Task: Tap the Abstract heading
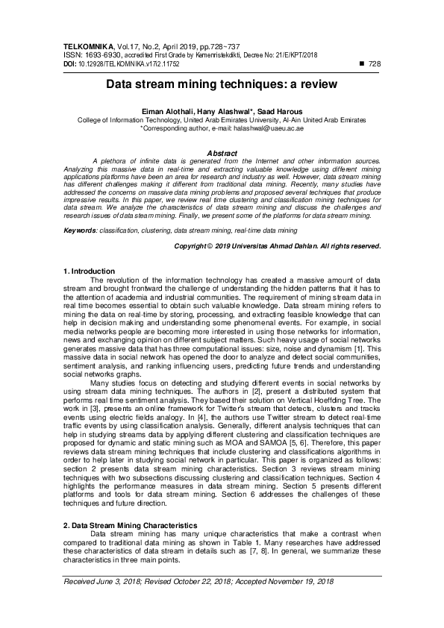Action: coord(222,153)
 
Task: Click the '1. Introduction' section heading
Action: coord(89,271)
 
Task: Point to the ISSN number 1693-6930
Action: coord(100,55)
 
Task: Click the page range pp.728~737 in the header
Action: coord(225,46)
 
